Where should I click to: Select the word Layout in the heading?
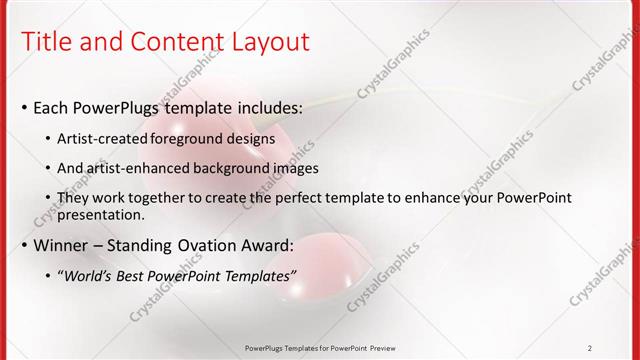pyautogui.click(x=268, y=42)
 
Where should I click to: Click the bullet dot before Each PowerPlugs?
pyautogui.click(x=25, y=107)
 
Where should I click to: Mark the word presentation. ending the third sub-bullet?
pyautogui.click(x=101, y=214)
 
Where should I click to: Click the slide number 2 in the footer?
pyautogui.click(x=590, y=348)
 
